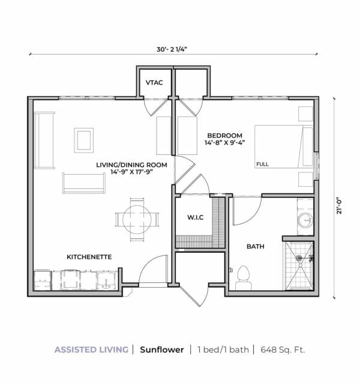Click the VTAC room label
(x=154, y=83)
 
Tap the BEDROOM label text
(x=224, y=136)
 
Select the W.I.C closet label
(x=196, y=217)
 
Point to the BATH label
(x=256, y=246)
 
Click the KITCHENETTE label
(x=89, y=257)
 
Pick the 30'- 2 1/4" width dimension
(x=172, y=49)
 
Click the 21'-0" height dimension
(x=340, y=207)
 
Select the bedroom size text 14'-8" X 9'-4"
(x=224, y=142)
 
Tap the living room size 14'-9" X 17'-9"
(x=131, y=172)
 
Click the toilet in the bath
(x=244, y=278)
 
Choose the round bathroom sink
(x=305, y=220)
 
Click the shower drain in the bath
(x=299, y=257)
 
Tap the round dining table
(x=137, y=219)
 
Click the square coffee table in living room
(x=84, y=141)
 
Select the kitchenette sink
(x=106, y=280)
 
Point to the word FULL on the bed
(x=262, y=164)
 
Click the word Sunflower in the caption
(x=162, y=350)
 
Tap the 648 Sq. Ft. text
(x=283, y=350)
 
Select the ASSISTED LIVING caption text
(x=92, y=350)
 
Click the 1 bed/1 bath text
(x=223, y=350)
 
